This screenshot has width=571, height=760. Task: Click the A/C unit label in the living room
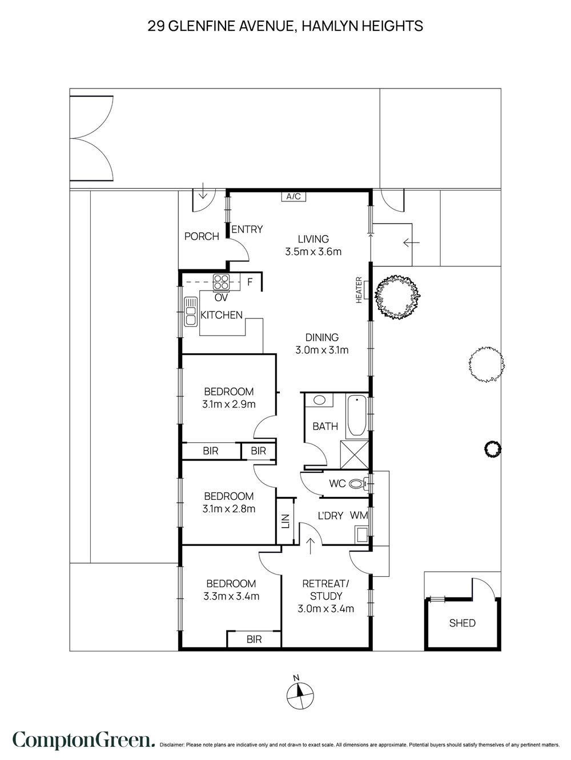click(293, 197)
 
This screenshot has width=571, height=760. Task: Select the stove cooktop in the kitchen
click(222, 281)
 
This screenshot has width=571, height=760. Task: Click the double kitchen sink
click(191, 311)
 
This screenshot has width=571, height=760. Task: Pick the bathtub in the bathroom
click(357, 416)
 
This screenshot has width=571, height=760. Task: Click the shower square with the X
click(355, 455)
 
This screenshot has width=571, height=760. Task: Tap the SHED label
click(462, 623)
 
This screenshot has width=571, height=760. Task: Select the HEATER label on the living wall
click(359, 290)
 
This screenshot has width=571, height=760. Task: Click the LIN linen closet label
click(285, 521)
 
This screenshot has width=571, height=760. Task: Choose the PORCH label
click(202, 236)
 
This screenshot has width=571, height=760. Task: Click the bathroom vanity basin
click(319, 400)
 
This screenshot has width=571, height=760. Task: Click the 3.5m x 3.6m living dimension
click(313, 252)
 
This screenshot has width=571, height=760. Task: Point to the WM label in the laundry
click(359, 516)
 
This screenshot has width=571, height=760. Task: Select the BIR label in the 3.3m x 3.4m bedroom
click(254, 640)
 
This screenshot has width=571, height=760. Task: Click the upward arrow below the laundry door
click(311, 546)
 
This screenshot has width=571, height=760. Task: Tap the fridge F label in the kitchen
click(250, 282)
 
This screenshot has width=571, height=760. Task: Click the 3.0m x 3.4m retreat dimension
click(325, 609)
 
